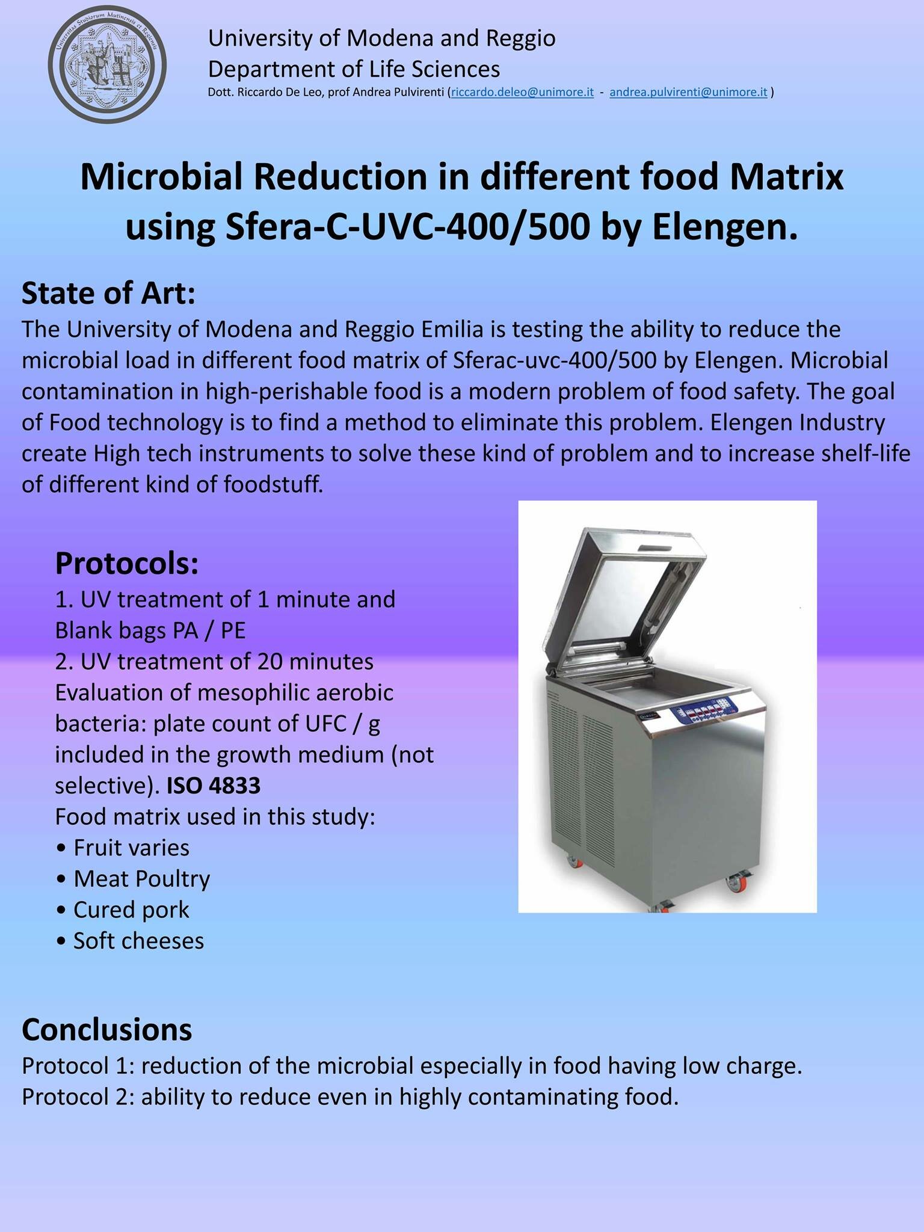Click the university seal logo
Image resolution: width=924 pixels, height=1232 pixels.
pyautogui.click(x=108, y=63)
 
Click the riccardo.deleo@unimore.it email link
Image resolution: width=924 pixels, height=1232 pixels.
pyautogui.click(x=522, y=93)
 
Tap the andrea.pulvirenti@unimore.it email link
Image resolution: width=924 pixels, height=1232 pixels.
pyautogui.click(x=688, y=93)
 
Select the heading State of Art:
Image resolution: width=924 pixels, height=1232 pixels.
pyautogui.click(x=108, y=294)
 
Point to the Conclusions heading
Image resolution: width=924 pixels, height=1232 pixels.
pyautogui.click(x=107, y=1029)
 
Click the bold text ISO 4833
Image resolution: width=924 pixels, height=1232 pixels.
pyautogui.click(x=214, y=786)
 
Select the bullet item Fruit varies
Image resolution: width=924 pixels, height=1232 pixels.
pyautogui.click(x=122, y=848)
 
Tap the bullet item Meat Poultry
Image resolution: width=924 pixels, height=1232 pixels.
pyautogui.click(x=132, y=879)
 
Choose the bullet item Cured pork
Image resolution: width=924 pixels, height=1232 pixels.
pyautogui.click(x=122, y=910)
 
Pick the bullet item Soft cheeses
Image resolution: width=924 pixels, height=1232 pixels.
pyautogui.click(x=129, y=941)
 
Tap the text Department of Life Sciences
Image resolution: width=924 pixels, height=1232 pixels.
pyautogui.click(x=354, y=69)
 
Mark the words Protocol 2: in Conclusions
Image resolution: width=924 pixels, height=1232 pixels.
pyautogui.click(x=78, y=1096)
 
